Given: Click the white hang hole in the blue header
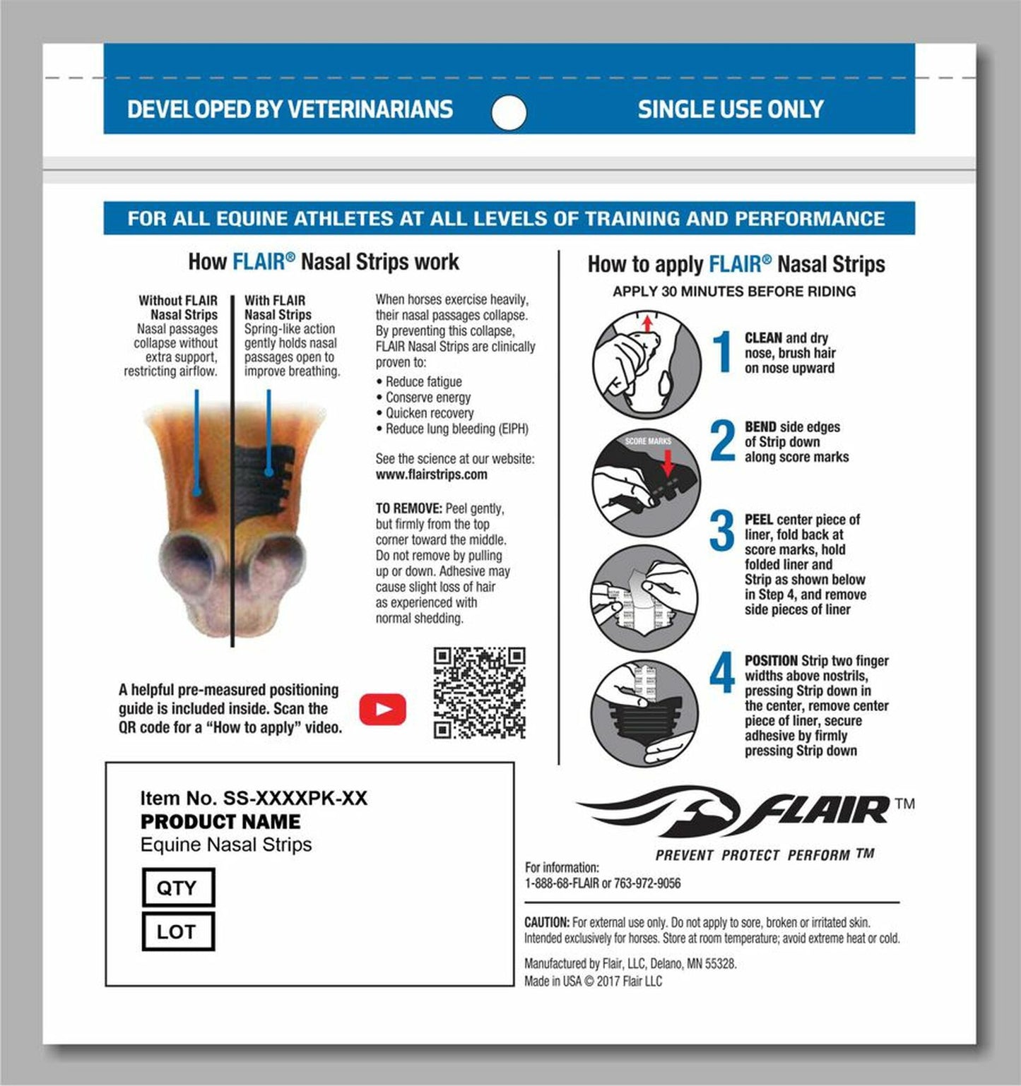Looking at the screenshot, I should point(509,113).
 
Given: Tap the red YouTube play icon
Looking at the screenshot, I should point(382,709).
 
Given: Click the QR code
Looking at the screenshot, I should point(479,693).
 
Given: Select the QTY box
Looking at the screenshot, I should point(177,888).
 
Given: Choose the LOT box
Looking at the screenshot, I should point(177,931).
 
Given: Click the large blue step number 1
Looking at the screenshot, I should point(723,352).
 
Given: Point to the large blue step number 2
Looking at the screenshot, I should point(723,441).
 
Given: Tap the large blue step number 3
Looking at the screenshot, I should point(722,531).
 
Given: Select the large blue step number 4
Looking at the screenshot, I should point(722,673).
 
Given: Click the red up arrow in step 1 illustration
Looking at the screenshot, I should point(647,323).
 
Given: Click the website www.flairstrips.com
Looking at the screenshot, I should point(431,475).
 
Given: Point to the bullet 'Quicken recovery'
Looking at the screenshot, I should point(429,413).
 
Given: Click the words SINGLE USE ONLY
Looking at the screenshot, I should point(731,109).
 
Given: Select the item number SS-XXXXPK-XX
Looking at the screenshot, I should point(295,799).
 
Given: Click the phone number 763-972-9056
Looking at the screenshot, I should point(647,883).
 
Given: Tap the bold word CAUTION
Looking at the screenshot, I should point(546,922).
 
